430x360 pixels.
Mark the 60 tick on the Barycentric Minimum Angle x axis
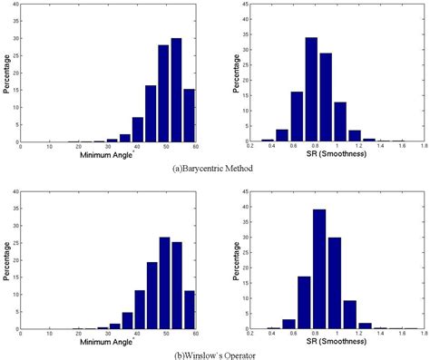[196, 147]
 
